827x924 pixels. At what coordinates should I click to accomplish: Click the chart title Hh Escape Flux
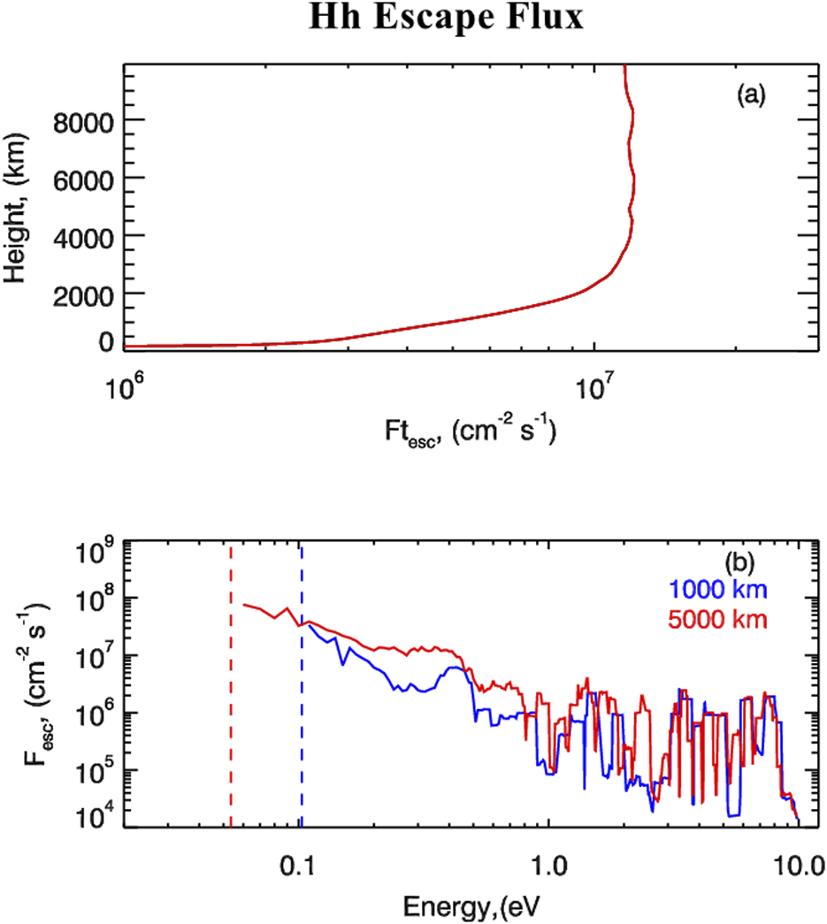tap(446, 19)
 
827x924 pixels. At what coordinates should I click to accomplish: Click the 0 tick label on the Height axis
tap(105, 341)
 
